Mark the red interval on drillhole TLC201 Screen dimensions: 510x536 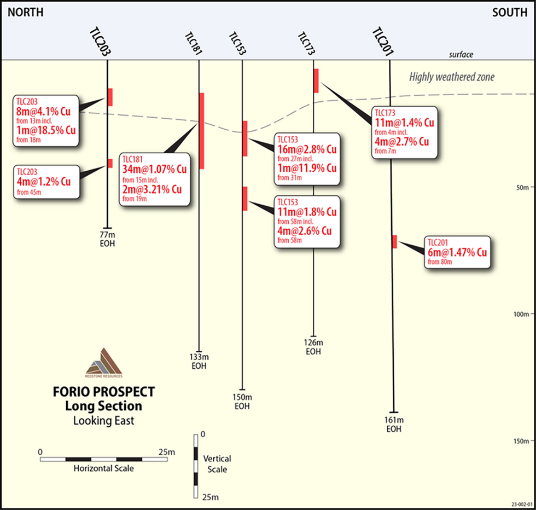[x=394, y=241]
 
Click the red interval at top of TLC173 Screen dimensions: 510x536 [x=316, y=80]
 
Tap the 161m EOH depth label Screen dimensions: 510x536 [x=394, y=425]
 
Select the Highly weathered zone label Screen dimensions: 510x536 [x=452, y=77]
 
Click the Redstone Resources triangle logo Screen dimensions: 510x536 [x=104, y=363]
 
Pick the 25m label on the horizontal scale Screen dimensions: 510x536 [x=166, y=452]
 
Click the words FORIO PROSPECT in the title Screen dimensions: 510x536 [x=103, y=392]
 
